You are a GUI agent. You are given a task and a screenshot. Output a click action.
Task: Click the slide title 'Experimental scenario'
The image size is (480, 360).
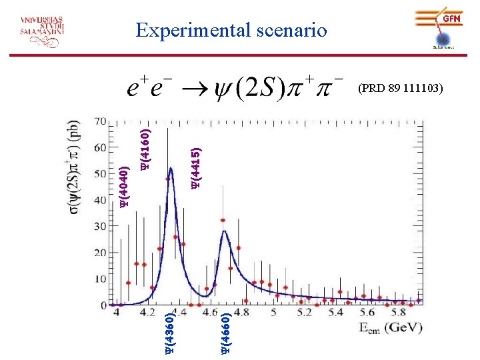click(231, 30)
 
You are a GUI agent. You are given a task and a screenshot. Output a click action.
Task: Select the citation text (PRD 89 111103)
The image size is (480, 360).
click(401, 87)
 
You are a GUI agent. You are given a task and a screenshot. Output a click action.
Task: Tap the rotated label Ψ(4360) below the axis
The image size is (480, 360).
click(170, 330)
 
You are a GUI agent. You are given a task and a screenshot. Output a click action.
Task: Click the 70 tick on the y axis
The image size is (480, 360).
click(100, 122)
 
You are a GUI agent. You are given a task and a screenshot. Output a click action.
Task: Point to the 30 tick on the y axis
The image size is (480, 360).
click(100, 227)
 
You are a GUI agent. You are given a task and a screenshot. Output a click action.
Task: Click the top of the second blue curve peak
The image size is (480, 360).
click(225, 231)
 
